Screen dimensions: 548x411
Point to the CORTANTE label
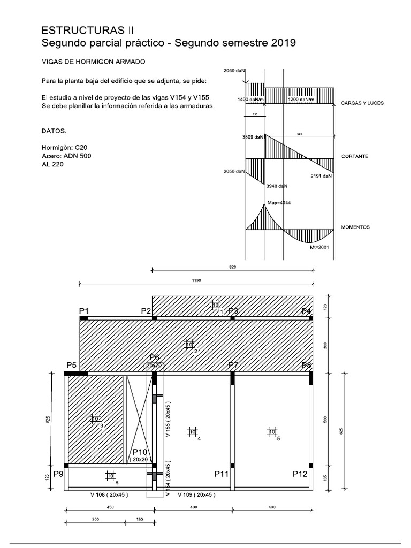(x=354, y=157)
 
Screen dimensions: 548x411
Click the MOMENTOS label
(x=355, y=227)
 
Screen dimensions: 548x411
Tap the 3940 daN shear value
(x=276, y=186)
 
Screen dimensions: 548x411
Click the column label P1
(x=84, y=311)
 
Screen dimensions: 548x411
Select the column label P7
(x=233, y=365)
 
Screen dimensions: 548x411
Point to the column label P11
(x=222, y=474)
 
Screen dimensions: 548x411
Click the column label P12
(x=300, y=474)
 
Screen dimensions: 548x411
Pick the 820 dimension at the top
(x=232, y=267)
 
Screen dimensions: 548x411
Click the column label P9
(x=58, y=474)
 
